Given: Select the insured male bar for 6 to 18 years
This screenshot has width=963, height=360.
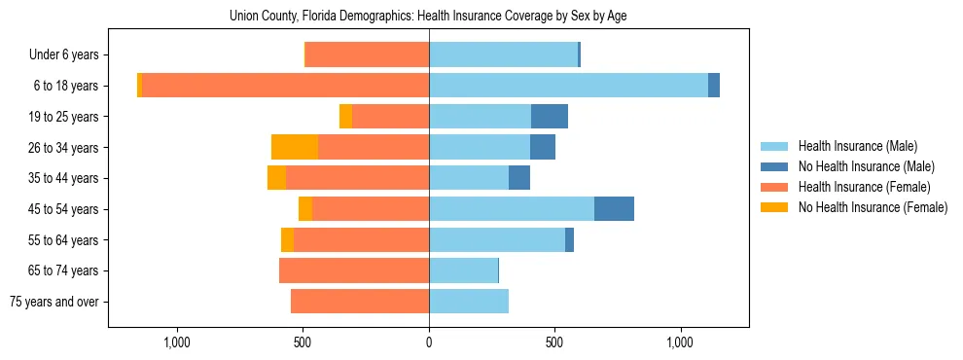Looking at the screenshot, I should [568, 86].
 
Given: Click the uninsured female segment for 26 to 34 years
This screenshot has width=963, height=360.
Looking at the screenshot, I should [295, 147].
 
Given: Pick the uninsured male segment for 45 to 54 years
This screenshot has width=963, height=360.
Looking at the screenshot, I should [614, 209].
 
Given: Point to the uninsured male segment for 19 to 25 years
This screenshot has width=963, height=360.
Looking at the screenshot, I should [550, 117].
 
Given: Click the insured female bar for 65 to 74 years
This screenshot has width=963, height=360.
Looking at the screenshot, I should [354, 270].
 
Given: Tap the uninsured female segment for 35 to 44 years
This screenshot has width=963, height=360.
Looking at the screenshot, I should [276, 178].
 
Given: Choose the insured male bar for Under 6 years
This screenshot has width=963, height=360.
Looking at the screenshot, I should [503, 54].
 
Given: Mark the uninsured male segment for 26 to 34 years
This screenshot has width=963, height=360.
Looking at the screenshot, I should [543, 147].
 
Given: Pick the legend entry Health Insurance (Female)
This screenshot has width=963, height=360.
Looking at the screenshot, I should [864, 187].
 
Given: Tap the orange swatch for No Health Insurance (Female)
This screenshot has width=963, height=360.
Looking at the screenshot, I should [775, 207].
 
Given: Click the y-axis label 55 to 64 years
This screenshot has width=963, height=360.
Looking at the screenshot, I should [63, 240].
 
